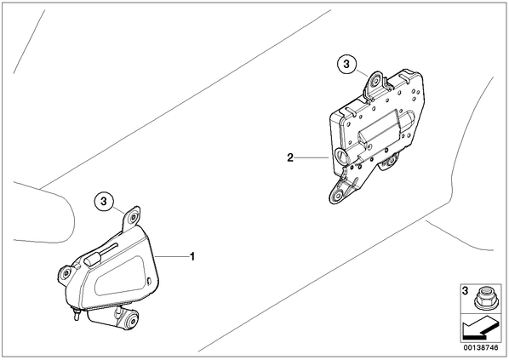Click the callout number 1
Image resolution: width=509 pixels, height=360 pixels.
192,257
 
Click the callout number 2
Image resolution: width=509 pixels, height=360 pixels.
290,157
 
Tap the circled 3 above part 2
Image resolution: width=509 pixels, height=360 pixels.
346,64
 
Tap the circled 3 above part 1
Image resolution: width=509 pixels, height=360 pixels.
104,202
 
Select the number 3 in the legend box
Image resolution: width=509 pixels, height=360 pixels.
465,290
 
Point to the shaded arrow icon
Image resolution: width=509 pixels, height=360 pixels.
480,329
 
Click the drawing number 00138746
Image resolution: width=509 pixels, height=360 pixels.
481,347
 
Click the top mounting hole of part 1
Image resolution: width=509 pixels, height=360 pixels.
133,218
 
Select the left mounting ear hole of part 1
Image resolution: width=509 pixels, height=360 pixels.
66,273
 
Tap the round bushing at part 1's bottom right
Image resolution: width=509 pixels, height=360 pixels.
133,321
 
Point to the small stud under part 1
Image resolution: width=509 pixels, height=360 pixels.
77,315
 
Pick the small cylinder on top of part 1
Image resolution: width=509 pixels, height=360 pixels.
93,260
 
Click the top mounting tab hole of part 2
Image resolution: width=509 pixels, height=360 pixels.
376,81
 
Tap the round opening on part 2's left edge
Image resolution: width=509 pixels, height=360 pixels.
342,155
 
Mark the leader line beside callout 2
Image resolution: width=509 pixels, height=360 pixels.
312,157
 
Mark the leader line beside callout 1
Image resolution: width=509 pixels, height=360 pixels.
172,257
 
